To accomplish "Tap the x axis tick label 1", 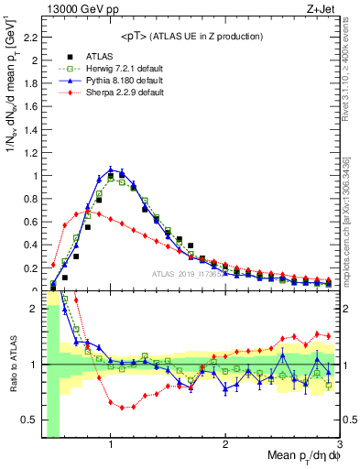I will click(x=111, y=443).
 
